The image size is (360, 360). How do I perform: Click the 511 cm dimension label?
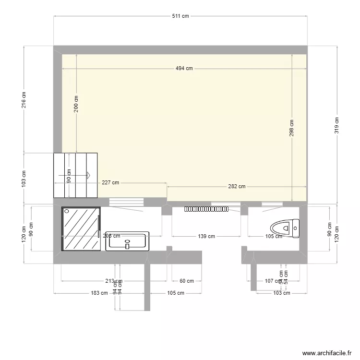pos(180,16)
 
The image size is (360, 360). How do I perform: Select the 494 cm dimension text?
pos(184,68)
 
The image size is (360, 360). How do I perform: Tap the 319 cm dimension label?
pos(337,125)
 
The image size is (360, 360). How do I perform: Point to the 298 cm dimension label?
pos(292,128)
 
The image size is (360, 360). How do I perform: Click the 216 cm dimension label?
pos(24,99)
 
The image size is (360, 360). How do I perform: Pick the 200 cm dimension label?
pos(76,104)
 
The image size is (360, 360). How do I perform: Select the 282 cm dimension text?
pos(237,186)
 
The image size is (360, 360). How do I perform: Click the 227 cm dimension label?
pos(110,183)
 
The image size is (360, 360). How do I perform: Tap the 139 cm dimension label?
pos(206,236)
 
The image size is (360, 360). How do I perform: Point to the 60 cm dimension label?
pos(187,281)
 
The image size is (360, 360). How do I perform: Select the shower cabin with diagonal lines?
pos(81,229)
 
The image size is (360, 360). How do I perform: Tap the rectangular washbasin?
pos(127,241)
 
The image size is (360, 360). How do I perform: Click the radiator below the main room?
pos(207,209)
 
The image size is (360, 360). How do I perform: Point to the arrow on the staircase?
pos(88,175)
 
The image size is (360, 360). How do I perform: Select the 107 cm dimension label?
pos(273,281)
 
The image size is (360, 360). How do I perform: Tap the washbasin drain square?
pos(127,246)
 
